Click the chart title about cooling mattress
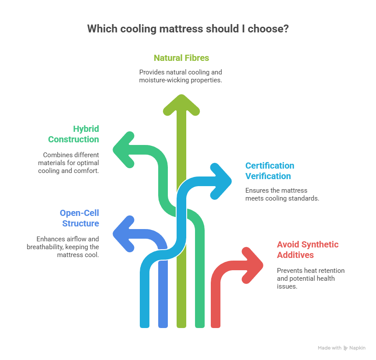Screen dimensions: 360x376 coord(188,29)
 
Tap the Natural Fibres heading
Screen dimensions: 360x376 coord(181,57)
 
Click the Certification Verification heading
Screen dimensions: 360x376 coord(269,171)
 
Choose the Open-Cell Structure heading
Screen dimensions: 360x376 coord(79,218)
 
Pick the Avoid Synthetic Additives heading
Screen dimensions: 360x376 coord(307,250)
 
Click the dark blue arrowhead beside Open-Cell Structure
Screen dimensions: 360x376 coord(124,233)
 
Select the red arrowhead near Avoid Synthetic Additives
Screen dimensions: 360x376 coord(252,264)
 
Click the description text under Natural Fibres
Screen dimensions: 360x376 coord(181,76)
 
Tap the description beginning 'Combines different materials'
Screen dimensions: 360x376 coord(71,163)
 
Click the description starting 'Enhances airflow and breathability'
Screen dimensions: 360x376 coord(67,247)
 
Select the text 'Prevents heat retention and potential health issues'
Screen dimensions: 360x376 coord(310,279)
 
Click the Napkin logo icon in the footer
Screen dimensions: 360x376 coord(346,348)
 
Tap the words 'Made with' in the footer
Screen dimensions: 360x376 coord(330,348)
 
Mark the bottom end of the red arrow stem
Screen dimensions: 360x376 coord(215,325)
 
